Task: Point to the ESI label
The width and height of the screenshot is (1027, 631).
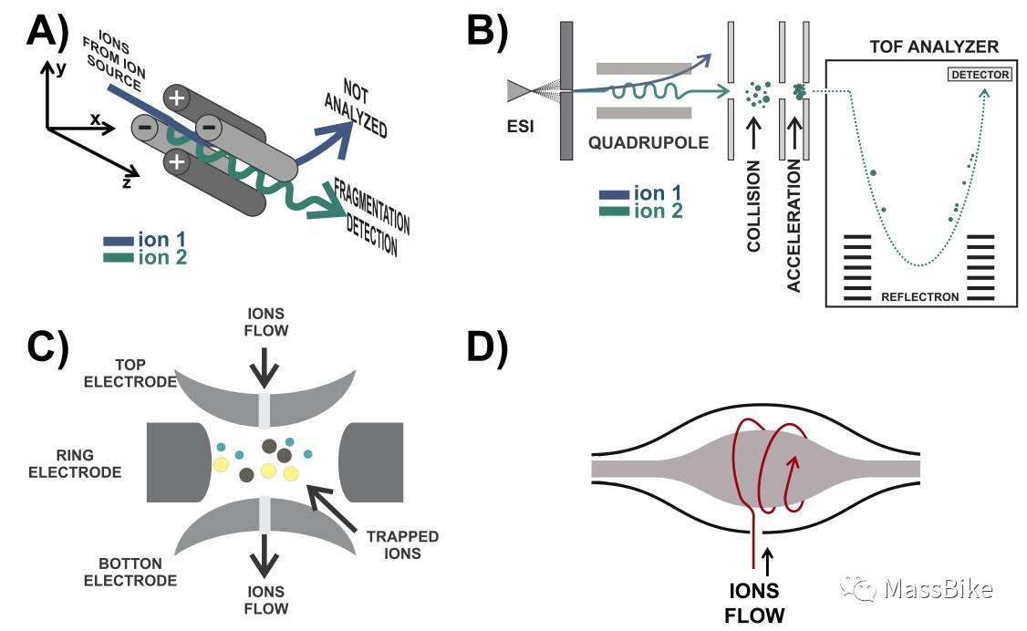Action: coord(523,126)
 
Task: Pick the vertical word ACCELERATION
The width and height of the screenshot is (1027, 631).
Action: coord(794,224)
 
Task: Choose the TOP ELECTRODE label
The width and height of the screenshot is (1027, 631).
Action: coord(130,373)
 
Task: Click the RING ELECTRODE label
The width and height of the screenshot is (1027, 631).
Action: coord(88,464)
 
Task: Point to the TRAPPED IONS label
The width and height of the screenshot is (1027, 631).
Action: coord(402,544)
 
